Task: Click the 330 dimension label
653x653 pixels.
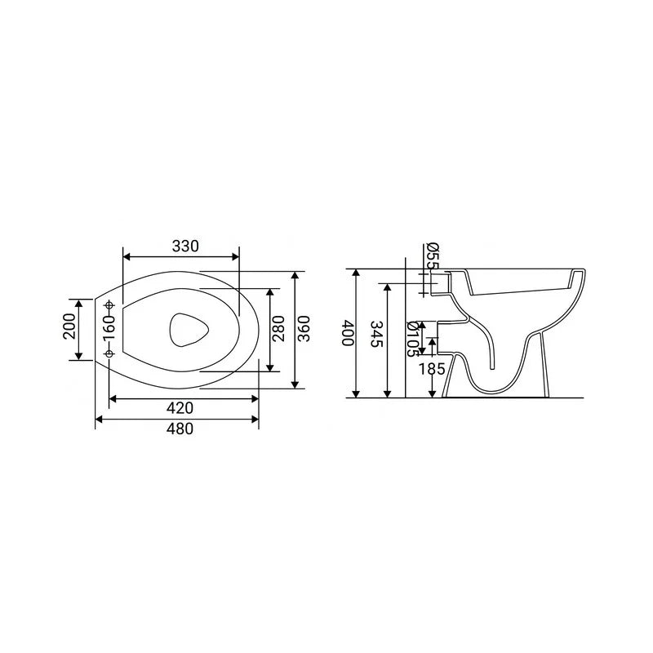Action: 185,247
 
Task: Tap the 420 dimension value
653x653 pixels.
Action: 180,408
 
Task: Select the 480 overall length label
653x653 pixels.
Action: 180,429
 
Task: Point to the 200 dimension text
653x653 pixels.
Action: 69,326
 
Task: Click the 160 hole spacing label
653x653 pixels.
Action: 109,329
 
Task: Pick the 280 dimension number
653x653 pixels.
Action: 278,329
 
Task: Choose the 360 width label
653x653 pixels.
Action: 304,329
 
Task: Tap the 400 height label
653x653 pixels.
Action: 348,333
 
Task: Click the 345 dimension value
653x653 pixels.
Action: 376,334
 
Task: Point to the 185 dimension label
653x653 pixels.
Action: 432,369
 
